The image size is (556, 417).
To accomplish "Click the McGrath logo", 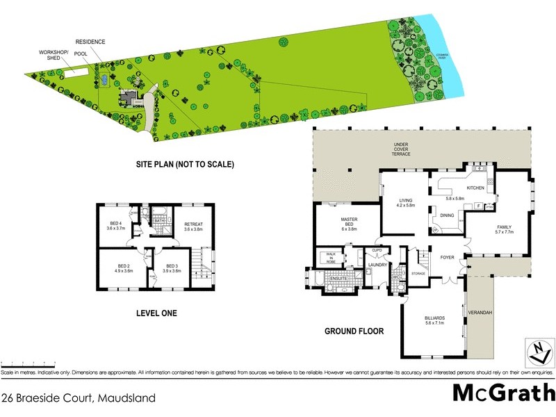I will point(503,393).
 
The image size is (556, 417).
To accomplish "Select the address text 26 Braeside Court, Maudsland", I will point(78,398).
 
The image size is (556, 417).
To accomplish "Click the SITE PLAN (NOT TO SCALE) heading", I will point(184,165).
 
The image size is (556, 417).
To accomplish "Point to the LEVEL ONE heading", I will point(156,313).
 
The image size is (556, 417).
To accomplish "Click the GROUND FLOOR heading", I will point(354,332).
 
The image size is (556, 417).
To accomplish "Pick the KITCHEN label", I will point(475,188).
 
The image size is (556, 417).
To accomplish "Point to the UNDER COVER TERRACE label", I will point(402,149).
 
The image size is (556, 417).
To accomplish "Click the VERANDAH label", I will point(480,313).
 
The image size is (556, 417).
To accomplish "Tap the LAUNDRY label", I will point(377,265).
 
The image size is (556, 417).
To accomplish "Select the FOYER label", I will point(447,258).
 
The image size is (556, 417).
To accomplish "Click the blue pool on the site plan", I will point(104,81).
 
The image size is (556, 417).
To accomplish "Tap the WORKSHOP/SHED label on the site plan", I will point(53,55).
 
